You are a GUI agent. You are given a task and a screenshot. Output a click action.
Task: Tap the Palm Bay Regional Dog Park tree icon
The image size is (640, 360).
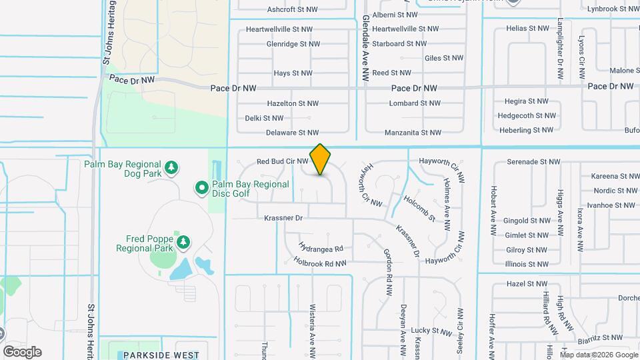[x=172, y=167]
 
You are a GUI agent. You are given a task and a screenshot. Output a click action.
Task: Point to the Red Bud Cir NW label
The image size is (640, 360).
[x=283, y=161]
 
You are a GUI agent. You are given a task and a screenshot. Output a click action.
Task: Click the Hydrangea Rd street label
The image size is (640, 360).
[x=321, y=248]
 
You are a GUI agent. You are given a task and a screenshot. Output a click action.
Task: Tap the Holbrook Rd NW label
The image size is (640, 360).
[x=320, y=263]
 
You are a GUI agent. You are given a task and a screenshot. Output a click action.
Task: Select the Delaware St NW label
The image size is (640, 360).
[x=293, y=133]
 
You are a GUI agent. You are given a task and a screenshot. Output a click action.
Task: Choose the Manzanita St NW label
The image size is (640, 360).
[x=413, y=133]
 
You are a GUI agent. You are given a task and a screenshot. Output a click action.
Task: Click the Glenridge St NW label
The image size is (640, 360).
[x=293, y=44]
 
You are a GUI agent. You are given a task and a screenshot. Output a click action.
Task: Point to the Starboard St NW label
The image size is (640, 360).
[x=399, y=44]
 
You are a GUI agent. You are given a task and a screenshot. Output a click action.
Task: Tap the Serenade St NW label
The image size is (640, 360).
[x=533, y=161]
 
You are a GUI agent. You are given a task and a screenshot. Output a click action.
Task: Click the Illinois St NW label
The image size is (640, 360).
[x=527, y=264]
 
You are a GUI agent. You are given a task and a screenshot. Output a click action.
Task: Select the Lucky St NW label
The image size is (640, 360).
[x=431, y=331]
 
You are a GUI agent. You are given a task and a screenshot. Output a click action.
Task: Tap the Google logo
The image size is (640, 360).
[x=22, y=352]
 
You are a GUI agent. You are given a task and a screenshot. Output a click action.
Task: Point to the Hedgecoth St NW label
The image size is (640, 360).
[x=525, y=115]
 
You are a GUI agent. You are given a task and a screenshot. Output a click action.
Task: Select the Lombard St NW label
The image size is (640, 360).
[x=415, y=103]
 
